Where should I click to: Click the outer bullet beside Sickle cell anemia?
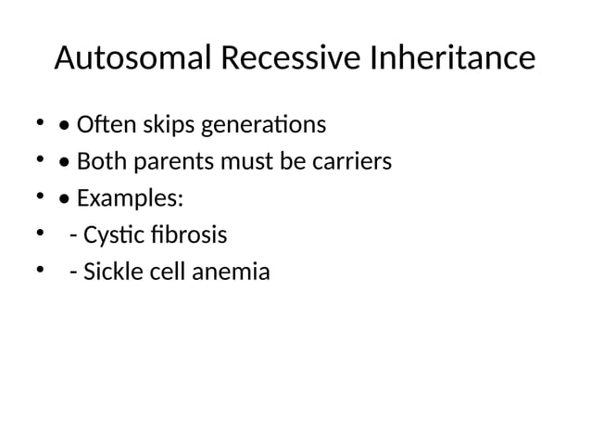(x=40, y=272)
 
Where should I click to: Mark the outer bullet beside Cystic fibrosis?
(x=40, y=234)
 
